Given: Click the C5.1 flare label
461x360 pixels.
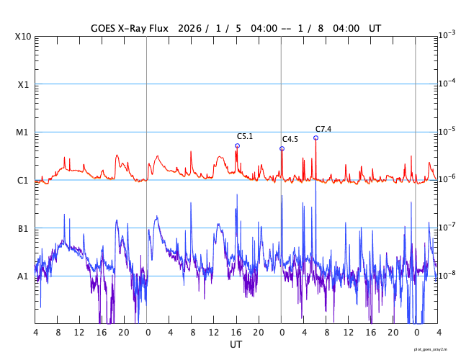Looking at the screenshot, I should tap(245, 136).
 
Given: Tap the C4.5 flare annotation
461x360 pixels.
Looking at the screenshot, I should tap(290, 139).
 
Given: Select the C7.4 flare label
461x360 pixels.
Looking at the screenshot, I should tap(323, 129).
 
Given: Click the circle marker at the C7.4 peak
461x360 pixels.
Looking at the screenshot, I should tap(315, 138).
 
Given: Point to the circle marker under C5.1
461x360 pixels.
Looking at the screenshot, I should tap(237, 145).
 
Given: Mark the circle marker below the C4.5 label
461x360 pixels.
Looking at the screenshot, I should tap(282, 148).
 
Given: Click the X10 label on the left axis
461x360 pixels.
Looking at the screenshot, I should tap(23, 37).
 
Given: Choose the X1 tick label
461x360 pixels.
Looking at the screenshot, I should tap(23, 84).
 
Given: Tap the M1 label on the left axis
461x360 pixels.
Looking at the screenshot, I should tap(23, 132).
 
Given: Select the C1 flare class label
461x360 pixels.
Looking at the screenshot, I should tap(23, 180).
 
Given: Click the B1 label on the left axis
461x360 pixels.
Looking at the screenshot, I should tap(23, 228).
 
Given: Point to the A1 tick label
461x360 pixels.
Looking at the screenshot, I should tap(23, 276).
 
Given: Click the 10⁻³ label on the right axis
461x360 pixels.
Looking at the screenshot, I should tap(447, 35).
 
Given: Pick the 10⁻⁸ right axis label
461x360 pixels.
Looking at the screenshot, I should tap(447, 275).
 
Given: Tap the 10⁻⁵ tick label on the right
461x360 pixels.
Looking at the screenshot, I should tap(447, 131).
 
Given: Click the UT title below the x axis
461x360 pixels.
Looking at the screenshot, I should tap(236, 345).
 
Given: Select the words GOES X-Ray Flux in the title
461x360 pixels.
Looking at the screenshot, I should tap(130, 28).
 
